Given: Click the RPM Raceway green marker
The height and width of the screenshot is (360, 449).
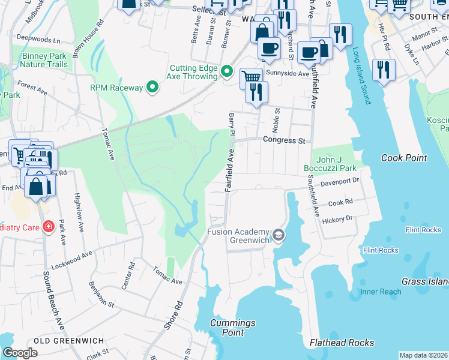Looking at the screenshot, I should [x=152, y=88].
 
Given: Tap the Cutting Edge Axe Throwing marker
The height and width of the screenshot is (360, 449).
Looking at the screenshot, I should [x=226, y=72].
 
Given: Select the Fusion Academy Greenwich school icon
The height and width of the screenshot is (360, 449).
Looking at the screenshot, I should [x=277, y=235].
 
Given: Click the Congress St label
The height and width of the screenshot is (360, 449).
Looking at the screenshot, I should [x=284, y=140].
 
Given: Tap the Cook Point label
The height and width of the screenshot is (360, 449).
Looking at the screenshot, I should [x=404, y=158].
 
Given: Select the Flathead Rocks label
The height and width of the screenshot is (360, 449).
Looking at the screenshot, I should [x=342, y=343].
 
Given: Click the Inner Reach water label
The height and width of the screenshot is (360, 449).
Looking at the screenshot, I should [x=381, y=292].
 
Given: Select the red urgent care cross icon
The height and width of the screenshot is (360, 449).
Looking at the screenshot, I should [x=47, y=227].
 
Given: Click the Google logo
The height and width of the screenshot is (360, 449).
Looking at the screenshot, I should [x=20, y=353].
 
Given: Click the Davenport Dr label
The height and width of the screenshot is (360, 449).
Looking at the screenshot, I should [x=339, y=180].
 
